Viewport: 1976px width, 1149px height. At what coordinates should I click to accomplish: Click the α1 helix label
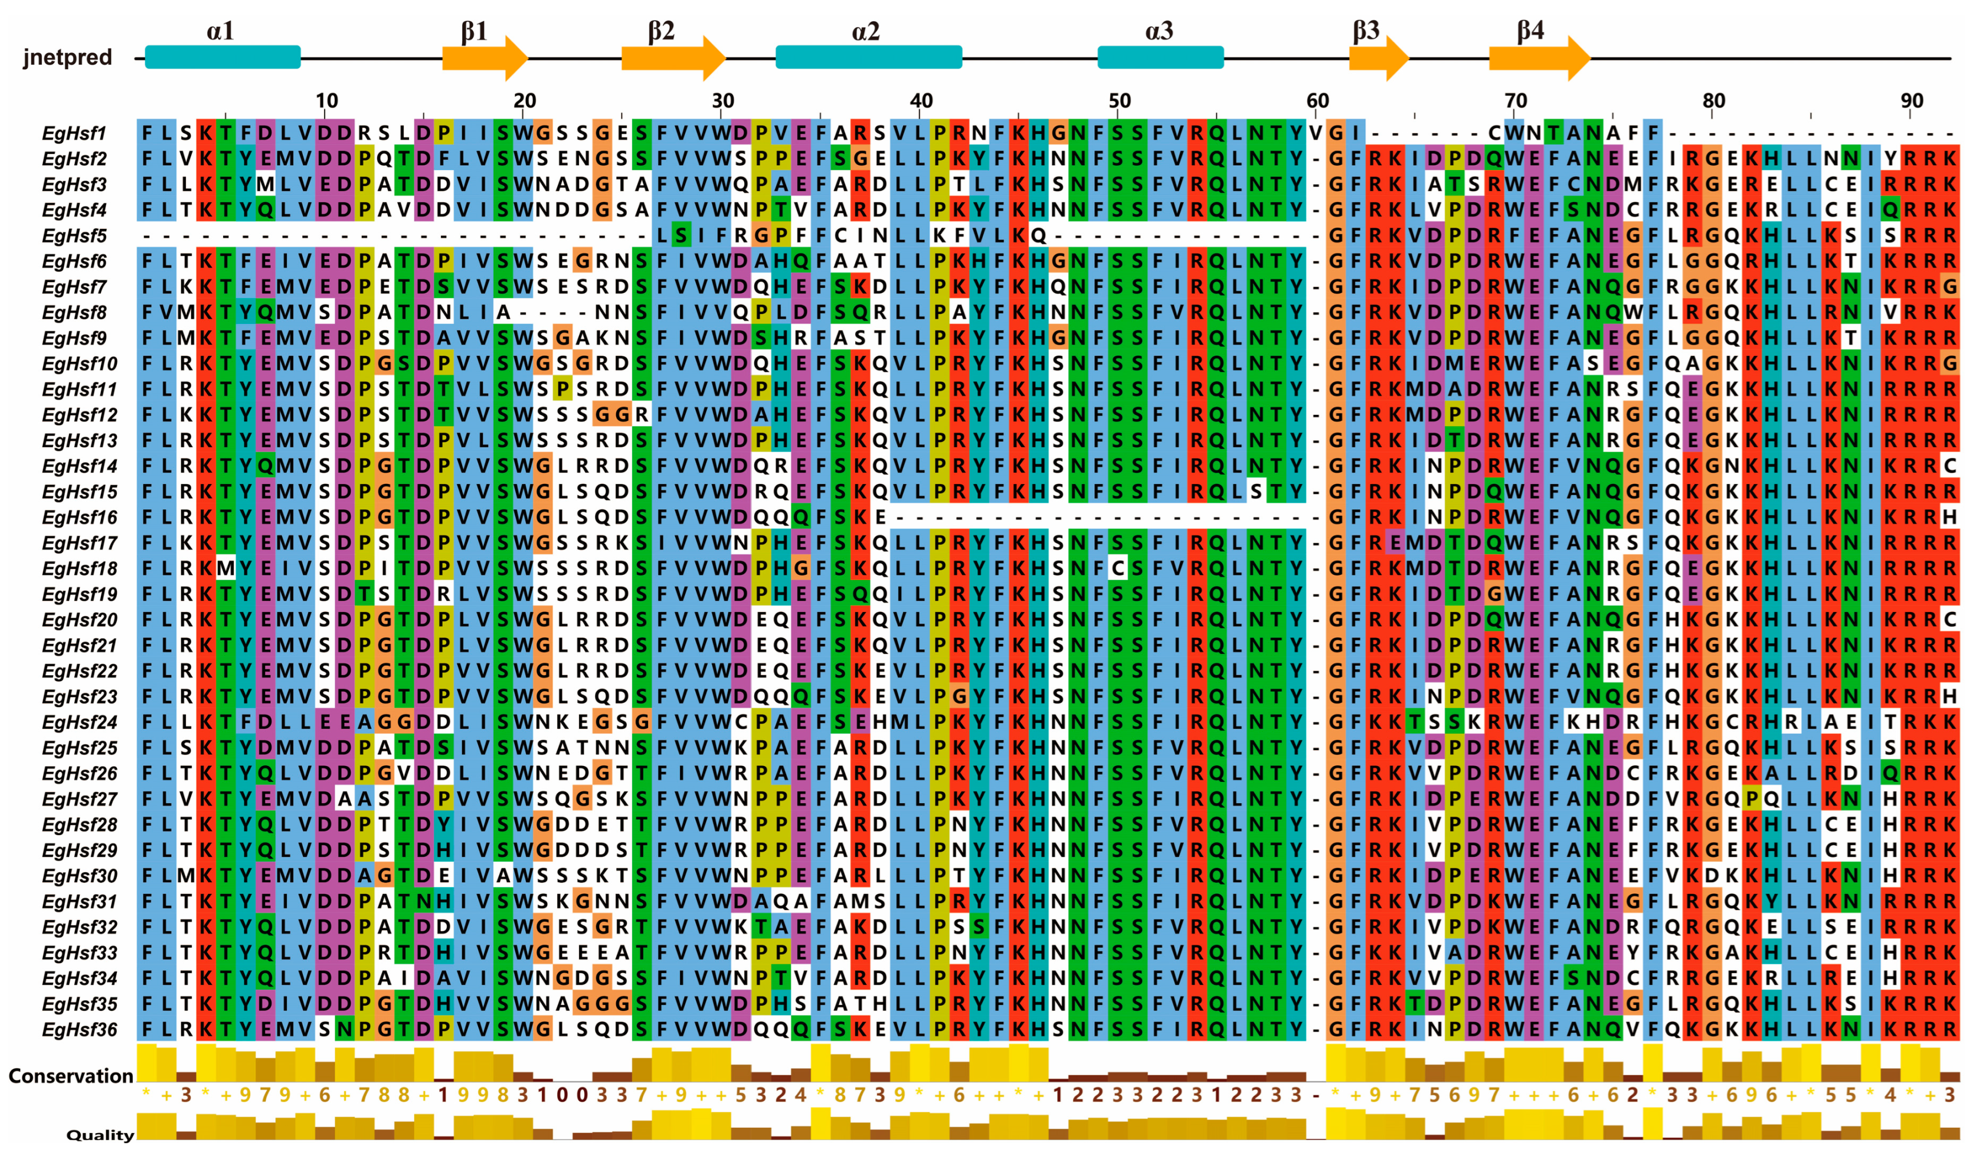220,31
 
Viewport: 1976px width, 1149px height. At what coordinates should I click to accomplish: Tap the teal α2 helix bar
868,57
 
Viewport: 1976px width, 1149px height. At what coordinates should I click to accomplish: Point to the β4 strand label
1530,31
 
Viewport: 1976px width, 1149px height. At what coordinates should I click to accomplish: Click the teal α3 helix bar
1160,57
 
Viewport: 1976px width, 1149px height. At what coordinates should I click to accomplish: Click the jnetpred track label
67,57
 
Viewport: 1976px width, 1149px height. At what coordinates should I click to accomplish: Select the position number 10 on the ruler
327,100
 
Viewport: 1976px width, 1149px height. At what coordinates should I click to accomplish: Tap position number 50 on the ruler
1119,100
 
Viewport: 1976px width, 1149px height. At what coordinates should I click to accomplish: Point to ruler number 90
1912,100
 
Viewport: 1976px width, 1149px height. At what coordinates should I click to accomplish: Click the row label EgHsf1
74,133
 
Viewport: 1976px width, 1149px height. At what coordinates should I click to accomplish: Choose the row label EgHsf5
74,236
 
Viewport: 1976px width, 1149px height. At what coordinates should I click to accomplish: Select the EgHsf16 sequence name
79,518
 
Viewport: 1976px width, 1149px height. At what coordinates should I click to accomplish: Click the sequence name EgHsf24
79,722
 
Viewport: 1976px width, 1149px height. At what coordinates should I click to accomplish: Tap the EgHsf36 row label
79,1029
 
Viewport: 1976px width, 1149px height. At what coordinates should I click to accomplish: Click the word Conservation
71,1075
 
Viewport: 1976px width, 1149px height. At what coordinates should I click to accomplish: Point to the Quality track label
100,1134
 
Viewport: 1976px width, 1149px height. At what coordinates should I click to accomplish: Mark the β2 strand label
661,31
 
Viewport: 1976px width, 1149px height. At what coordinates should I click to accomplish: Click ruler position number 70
1515,100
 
